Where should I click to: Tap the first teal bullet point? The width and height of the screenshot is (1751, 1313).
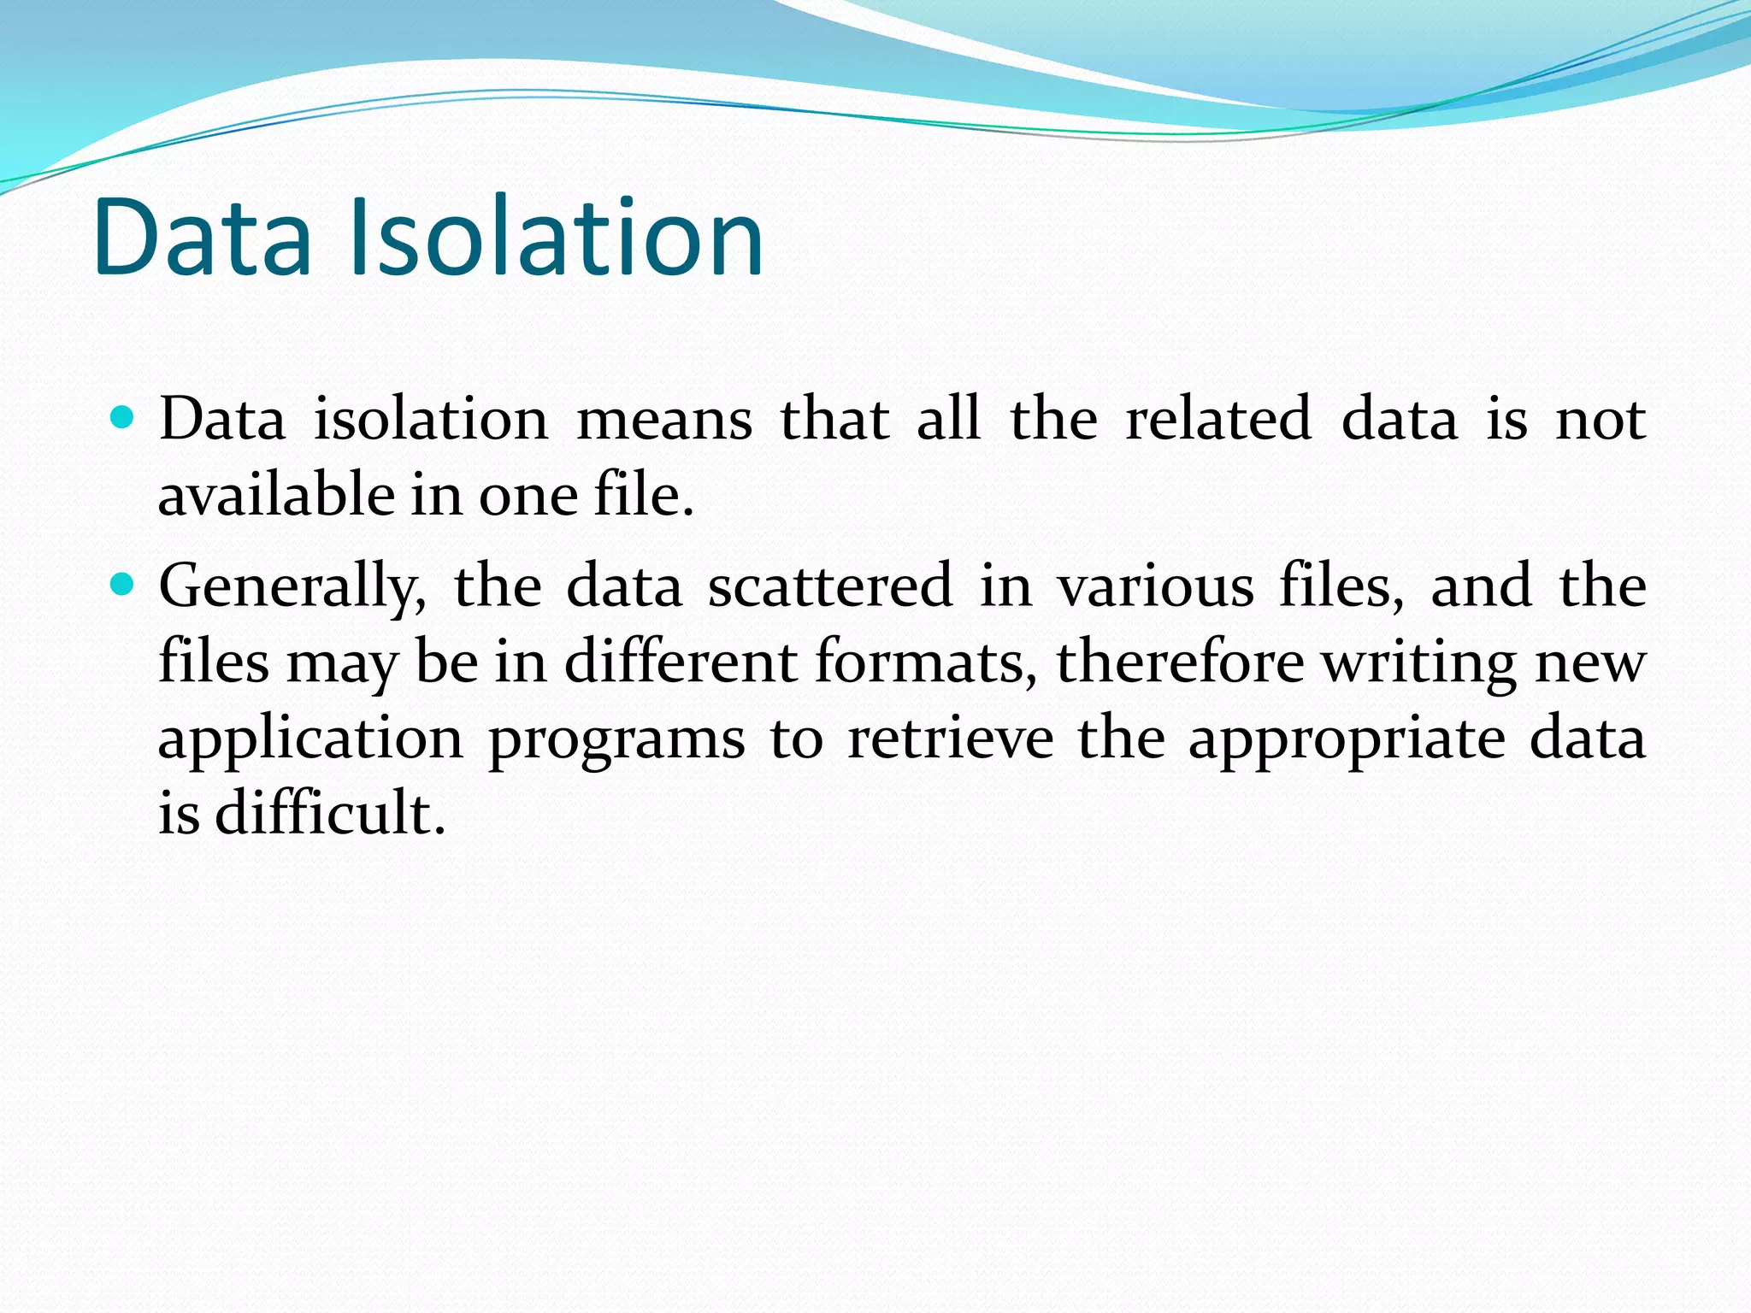point(123,417)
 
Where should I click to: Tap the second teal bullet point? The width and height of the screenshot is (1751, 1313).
point(123,585)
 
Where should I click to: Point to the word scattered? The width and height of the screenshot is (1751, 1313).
point(829,586)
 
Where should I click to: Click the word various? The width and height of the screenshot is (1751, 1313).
point(1156,586)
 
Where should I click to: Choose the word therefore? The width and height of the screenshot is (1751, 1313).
point(1181,662)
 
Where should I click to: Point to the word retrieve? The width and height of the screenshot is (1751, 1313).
point(950,737)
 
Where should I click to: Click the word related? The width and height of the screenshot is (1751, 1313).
point(1217,419)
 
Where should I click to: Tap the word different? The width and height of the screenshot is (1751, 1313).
point(681,662)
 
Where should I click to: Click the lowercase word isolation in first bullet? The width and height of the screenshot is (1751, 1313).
point(431,419)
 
